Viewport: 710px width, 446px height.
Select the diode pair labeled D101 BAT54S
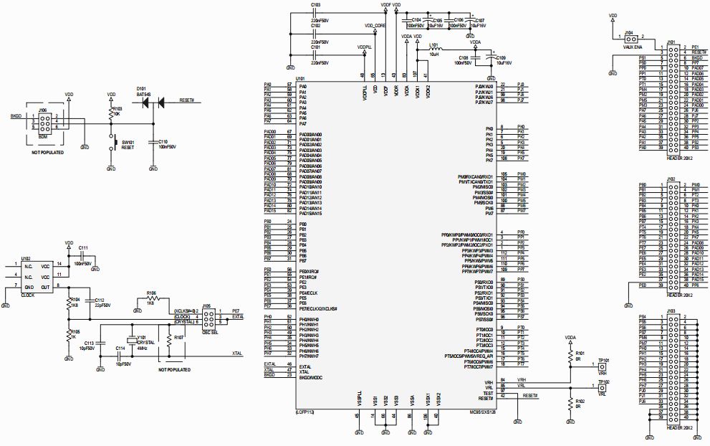pos(152,103)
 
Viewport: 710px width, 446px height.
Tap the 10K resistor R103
pos(111,113)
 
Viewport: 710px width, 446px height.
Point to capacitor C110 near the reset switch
pos(153,143)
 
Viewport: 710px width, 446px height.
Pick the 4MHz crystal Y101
pos(131,341)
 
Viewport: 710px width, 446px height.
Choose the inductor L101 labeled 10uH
pos(434,49)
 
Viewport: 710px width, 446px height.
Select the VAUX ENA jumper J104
pos(628,38)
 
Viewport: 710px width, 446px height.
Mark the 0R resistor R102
pos(570,403)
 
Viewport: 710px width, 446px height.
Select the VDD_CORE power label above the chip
pos(375,25)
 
